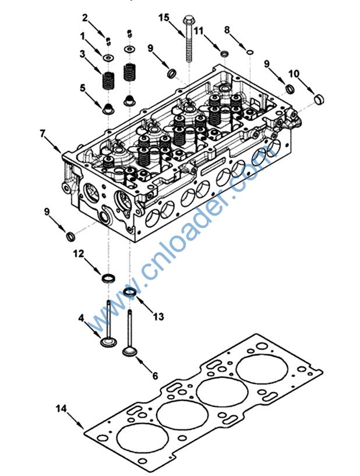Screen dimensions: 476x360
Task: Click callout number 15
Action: [x=164, y=17]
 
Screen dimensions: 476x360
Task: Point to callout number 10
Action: [x=294, y=73]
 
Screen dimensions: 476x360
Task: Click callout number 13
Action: [x=158, y=316]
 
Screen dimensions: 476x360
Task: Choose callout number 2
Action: [x=85, y=16]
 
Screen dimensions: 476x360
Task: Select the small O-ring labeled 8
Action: [x=249, y=52]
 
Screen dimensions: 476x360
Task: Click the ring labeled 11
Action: [x=224, y=54]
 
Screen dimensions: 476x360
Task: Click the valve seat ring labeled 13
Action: [x=130, y=291]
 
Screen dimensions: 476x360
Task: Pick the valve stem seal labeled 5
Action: [x=108, y=108]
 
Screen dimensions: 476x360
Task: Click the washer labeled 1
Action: [x=108, y=58]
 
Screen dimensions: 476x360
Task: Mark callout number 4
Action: [x=81, y=318]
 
